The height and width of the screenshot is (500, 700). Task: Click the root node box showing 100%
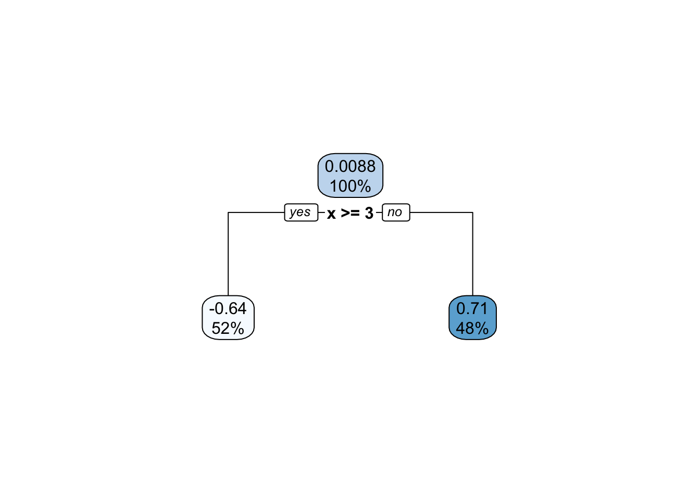[351, 176]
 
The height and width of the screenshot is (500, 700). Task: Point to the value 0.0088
[351, 166]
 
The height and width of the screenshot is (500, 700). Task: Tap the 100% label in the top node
[351, 186]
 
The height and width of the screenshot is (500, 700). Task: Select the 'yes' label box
[301, 213]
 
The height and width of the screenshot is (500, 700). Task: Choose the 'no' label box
[396, 213]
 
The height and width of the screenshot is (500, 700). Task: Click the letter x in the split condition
[331, 214]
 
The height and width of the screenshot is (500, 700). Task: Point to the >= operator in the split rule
[350, 213]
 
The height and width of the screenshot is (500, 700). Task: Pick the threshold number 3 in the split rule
[369, 213]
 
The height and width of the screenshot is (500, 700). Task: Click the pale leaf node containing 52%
[228, 318]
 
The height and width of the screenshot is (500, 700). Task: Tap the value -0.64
[228, 308]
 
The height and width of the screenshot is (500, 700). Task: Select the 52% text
[228, 329]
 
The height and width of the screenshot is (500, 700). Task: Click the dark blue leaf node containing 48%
[472, 318]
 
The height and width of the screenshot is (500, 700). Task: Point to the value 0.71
[472, 308]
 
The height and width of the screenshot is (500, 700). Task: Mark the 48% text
[472, 329]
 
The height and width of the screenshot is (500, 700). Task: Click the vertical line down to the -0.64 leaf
[228, 254]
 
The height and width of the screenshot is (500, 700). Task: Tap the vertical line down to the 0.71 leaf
[473, 254]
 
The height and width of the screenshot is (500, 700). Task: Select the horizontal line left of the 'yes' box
[256, 213]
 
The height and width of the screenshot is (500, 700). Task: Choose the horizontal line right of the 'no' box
[441, 213]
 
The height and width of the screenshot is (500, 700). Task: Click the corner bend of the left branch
[228, 213]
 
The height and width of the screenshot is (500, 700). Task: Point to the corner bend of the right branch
[473, 213]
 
